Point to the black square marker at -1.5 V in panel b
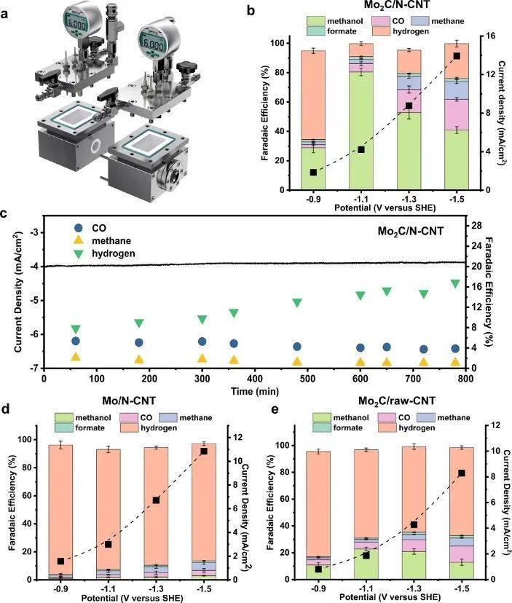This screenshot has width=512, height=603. click(x=457, y=56)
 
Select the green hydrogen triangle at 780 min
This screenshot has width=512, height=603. click(x=476, y=283)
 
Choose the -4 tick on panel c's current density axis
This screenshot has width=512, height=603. click(x=34, y=267)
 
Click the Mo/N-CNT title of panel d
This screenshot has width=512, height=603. click(x=138, y=403)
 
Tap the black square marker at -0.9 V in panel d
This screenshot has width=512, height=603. click(x=60, y=561)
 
